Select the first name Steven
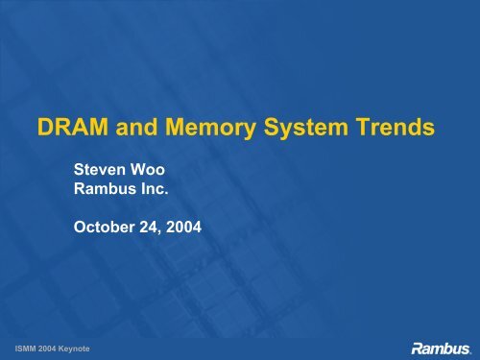click(x=100, y=167)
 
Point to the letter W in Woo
click(x=137, y=167)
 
